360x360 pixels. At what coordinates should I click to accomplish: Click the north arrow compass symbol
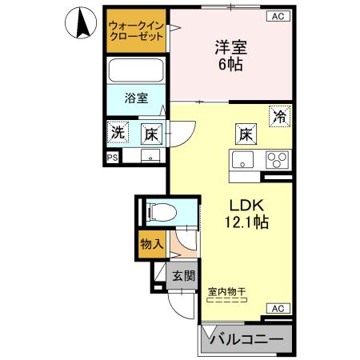81,24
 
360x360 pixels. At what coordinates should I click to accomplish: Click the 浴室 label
136,99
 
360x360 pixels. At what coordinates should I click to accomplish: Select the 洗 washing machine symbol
118,133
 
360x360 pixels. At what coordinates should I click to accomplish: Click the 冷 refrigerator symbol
280,116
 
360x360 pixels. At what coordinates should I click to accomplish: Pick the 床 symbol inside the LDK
245,134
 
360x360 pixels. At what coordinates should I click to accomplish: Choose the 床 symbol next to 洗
149,134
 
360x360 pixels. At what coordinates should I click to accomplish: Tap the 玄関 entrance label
183,276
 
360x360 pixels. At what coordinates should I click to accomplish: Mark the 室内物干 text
228,292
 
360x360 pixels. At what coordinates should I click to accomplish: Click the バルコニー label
246,340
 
